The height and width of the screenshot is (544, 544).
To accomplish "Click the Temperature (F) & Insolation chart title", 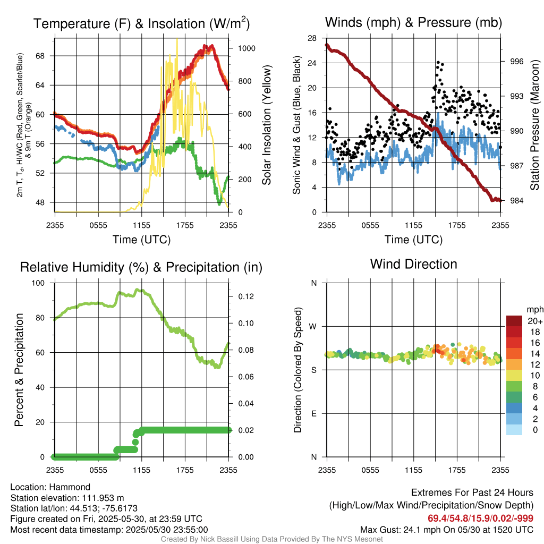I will pyautogui.click(x=141, y=24).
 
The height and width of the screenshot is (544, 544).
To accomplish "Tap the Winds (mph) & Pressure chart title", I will pyautogui.click(x=413, y=22).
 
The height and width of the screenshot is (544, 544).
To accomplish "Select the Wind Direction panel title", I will pyautogui.click(x=413, y=264).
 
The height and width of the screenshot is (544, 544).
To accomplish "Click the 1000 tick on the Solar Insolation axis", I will pyautogui.click(x=247, y=48).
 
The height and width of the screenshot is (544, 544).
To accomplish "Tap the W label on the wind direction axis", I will pyautogui.click(x=313, y=326).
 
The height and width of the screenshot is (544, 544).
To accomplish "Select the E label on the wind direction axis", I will pyautogui.click(x=313, y=413).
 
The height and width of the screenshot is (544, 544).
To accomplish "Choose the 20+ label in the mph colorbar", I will pyautogui.click(x=535, y=321).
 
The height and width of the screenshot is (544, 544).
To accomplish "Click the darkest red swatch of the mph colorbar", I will pyautogui.click(x=514, y=321).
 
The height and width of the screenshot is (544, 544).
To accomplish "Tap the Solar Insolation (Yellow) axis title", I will pyautogui.click(x=266, y=125).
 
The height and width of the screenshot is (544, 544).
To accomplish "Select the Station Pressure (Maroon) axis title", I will pyautogui.click(x=535, y=125).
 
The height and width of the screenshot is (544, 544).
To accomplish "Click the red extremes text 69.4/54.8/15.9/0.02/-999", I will pyautogui.click(x=480, y=518).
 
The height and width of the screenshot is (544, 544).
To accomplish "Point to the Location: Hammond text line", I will pyautogui.click(x=50, y=487).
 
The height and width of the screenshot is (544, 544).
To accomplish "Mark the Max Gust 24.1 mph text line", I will pyautogui.click(x=446, y=530).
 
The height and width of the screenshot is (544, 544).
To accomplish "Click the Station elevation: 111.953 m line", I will pyautogui.click(x=67, y=498).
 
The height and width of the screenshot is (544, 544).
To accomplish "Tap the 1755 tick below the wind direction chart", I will pyautogui.click(x=457, y=470).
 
